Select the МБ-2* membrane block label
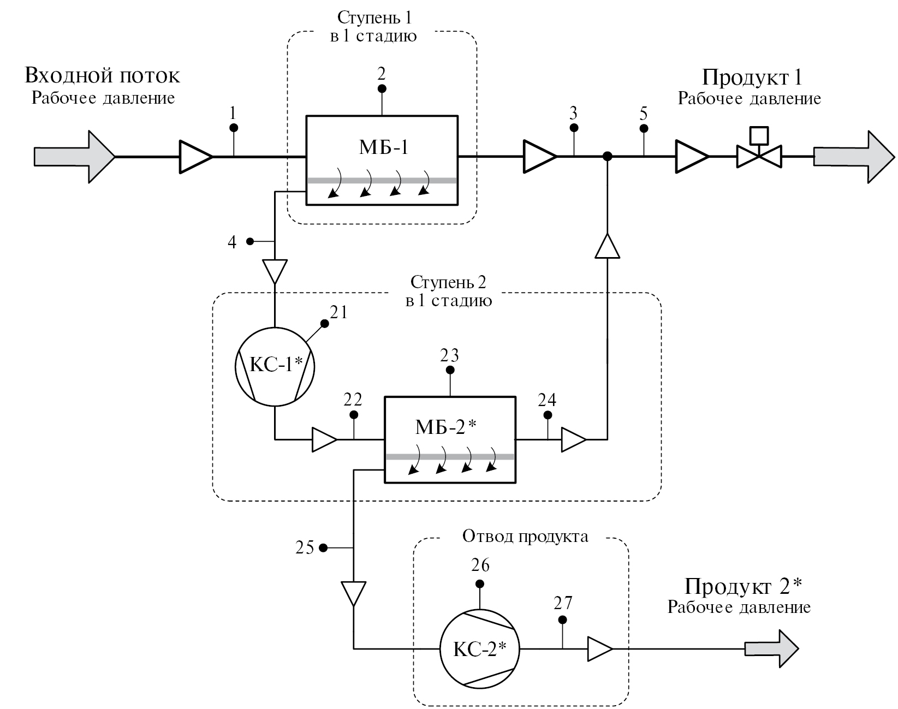point(446,427)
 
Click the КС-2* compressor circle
point(480,648)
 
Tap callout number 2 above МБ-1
point(382,74)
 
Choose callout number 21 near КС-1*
point(338,312)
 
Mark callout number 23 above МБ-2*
point(450,356)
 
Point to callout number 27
point(563,603)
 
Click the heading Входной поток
point(102,75)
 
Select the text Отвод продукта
point(525,537)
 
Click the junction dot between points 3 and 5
point(607,157)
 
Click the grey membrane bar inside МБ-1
point(382,180)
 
